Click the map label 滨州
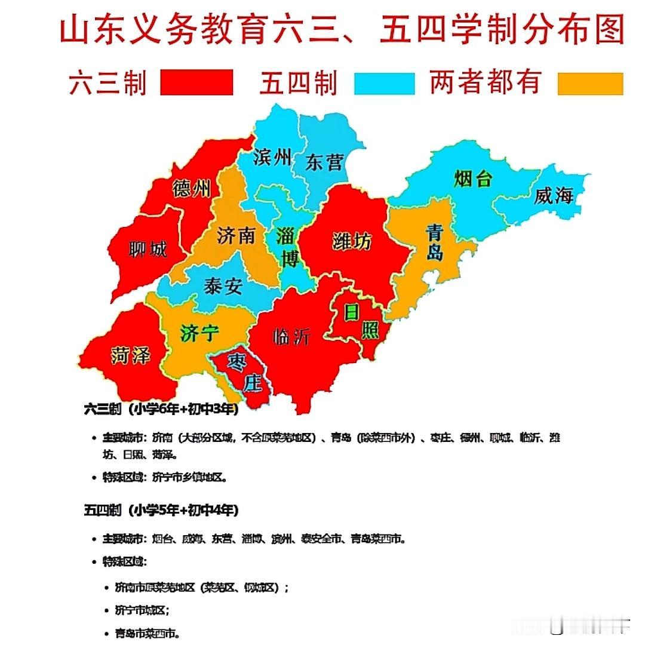pos(272,157)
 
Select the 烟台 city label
pos(472,178)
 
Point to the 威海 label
pos(554,196)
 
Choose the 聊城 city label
pos(148,248)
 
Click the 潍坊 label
pos(351,241)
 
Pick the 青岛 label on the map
pos(435,242)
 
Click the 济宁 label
pos(199,333)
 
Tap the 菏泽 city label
pos(130,357)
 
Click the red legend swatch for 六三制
pos(196,83)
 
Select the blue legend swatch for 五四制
pos(384,83)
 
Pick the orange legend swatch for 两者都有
pos(590,83)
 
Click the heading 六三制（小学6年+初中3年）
pos(161,409)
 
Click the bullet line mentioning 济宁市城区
pos(142,610)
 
